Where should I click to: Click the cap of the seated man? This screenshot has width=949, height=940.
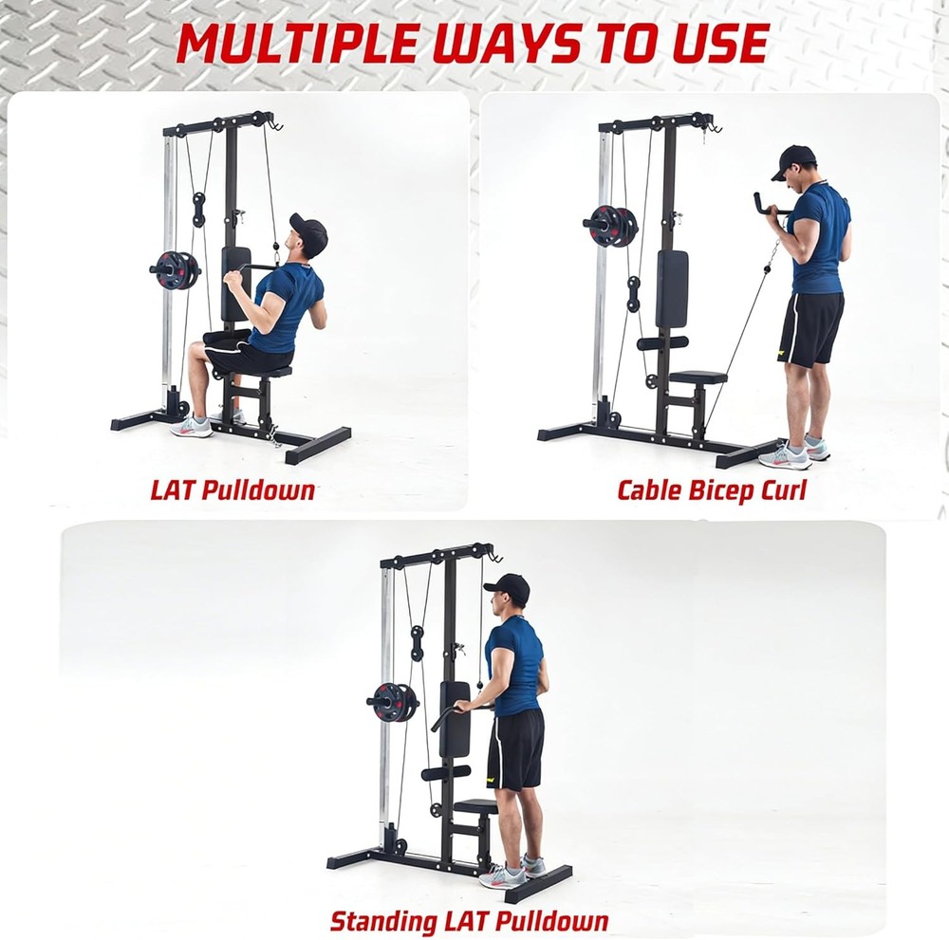point(309,231)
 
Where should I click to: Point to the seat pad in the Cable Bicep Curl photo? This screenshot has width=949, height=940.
point(698,378)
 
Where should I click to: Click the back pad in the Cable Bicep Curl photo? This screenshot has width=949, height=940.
point(672,288)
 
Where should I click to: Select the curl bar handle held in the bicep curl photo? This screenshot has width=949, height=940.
point(770,205)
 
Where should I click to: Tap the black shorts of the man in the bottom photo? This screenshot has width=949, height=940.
point(515,748)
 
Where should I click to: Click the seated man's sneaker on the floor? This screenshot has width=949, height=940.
point(193,427)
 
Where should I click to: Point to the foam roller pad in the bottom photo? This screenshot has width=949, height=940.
point(446,772)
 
